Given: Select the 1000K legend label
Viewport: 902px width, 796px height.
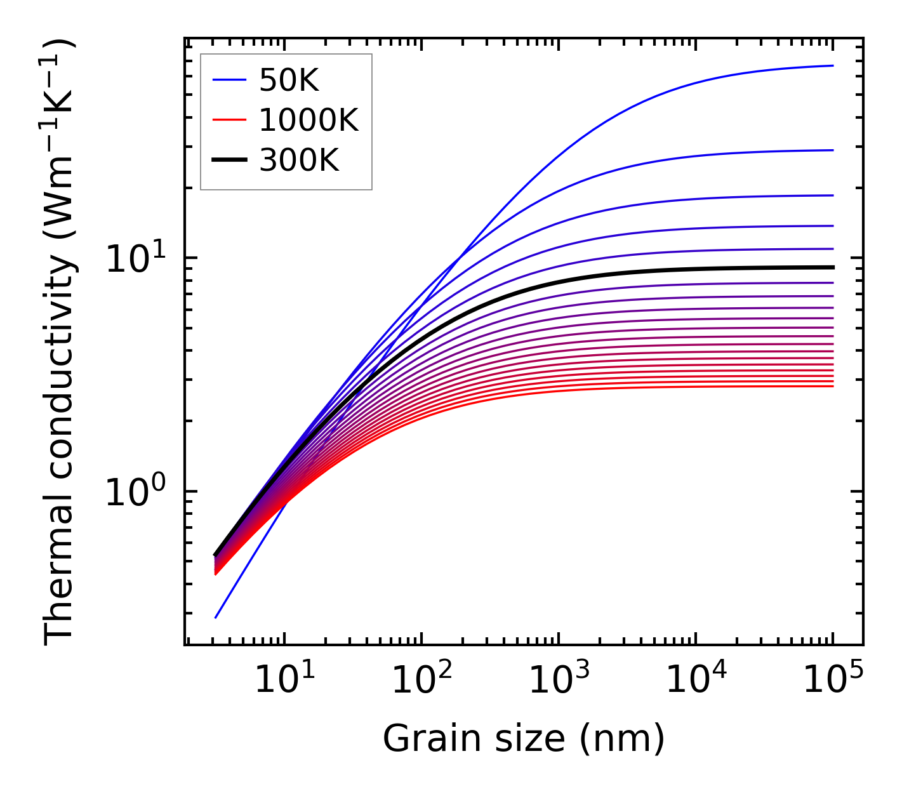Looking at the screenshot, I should point(308,120).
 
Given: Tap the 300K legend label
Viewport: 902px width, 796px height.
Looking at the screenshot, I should point(299,161).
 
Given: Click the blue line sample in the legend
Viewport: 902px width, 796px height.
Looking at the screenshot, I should point(229,80).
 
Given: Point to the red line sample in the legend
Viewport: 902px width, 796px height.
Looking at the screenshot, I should point(229,120).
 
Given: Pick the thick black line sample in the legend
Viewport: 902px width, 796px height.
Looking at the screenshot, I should point(229,161).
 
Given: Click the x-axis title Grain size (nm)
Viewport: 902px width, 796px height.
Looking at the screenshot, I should point(524,740).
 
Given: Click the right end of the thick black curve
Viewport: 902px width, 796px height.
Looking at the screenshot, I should point(833,267).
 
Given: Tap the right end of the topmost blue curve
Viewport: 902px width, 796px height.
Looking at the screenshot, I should point(833,65).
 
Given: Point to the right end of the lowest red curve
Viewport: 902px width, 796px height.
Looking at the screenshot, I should point(833,386).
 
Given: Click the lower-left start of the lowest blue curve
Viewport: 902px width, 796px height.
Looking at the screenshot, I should point(216,618).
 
